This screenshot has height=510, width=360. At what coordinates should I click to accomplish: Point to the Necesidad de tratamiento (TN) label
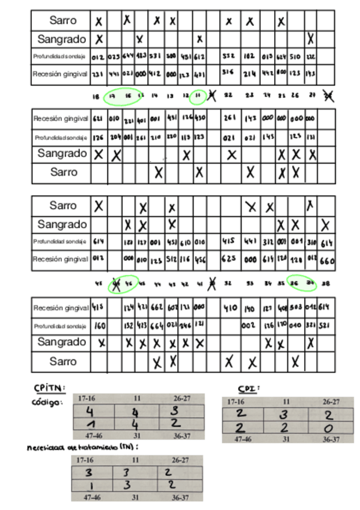[83, 447]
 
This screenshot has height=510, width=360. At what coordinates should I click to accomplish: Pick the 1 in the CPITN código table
[90, 425]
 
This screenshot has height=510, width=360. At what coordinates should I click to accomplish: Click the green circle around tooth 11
[198, 96]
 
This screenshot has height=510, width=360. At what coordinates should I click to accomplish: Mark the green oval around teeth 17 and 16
[122, 96]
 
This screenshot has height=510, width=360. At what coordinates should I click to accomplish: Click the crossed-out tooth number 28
[328, 96]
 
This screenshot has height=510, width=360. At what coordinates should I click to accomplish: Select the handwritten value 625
[229, 260]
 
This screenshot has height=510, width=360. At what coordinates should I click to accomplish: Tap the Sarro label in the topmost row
[63, 20]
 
